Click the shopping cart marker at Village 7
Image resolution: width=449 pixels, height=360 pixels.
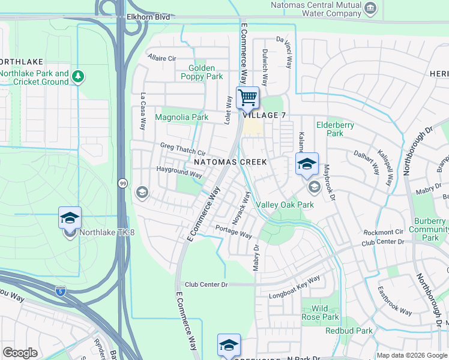pos(247,98)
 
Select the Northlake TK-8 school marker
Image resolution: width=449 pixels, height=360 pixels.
pos(70,219)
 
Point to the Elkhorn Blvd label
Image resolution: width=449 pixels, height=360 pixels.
pos(148,18)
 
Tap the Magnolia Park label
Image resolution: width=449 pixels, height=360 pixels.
pos(182,118)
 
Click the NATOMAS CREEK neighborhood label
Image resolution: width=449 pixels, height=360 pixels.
pos(230,163)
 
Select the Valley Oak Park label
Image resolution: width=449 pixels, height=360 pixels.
pos(285,205)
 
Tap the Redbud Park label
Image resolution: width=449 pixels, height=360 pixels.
pos(349,331)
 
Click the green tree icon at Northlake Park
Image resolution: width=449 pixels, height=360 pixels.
pos(77,77)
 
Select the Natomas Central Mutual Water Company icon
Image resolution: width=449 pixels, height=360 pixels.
pos(370,8)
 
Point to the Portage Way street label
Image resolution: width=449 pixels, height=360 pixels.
pos(234,232)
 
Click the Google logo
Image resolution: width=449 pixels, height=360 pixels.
pos(20,353)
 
